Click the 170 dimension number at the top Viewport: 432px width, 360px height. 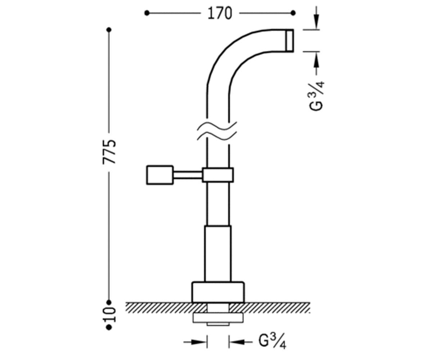[220, 13]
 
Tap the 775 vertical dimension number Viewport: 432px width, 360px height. [109, 152]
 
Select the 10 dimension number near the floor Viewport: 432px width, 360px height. [109, 315]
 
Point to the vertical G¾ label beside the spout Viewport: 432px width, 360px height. [316, 96]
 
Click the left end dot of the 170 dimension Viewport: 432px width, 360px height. [147, 13]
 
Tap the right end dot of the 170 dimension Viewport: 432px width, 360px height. [293, 13]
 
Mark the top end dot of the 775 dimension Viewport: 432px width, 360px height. [109, 30]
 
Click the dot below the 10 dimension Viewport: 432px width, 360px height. [109, 327]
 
